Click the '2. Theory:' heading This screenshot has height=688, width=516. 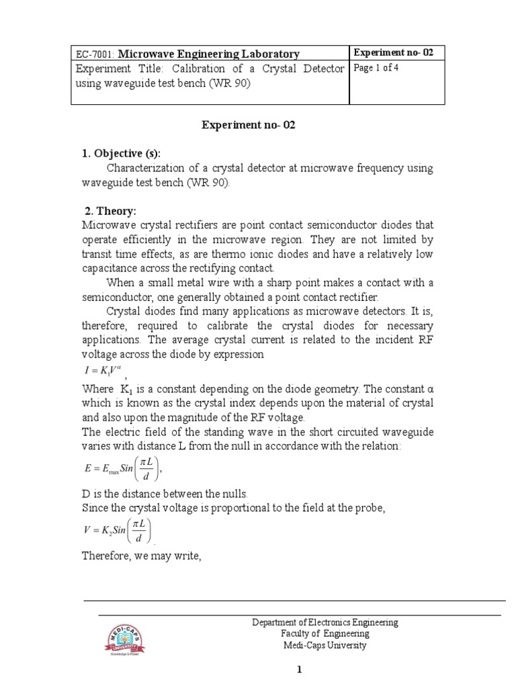click(x=110, y=211)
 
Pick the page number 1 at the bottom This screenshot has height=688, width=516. click(x=301, y=669)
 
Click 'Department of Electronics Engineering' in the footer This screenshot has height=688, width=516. click(x=325, y=622)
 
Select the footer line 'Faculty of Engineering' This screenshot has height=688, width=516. click(x=325, y=634)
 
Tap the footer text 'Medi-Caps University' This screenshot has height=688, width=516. click(x=325, y=646)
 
